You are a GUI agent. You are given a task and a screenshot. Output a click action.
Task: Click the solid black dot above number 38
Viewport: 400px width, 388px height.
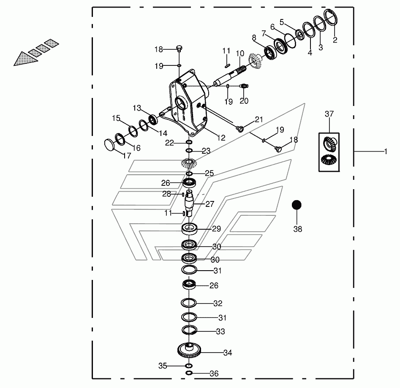297,205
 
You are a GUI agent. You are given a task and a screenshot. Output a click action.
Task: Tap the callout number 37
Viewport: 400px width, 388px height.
329,114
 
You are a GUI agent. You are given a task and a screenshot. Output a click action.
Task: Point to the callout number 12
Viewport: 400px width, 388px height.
221,138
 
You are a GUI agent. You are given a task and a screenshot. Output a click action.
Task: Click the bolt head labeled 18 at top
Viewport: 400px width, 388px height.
179,48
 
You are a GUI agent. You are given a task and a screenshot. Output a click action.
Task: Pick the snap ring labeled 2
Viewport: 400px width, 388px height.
331,17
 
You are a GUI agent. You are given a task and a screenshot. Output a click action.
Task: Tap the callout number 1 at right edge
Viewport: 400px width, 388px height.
386,152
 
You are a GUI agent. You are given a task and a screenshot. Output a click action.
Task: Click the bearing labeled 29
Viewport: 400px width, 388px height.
189,229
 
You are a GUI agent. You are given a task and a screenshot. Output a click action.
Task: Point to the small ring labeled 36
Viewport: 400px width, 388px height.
188,373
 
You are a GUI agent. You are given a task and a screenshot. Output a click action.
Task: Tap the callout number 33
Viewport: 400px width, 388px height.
220,331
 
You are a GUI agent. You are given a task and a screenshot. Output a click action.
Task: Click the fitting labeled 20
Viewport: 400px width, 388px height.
244,86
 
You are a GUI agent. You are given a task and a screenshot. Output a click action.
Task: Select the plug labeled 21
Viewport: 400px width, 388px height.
239,128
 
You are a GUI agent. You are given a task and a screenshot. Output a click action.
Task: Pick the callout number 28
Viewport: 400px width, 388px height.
166,194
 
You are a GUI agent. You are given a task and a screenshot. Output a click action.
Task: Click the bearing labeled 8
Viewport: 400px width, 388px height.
270,53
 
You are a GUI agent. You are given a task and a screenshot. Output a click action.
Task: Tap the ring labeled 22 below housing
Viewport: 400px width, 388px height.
189,142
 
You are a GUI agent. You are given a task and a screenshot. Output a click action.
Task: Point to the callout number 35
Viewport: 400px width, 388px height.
163,366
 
